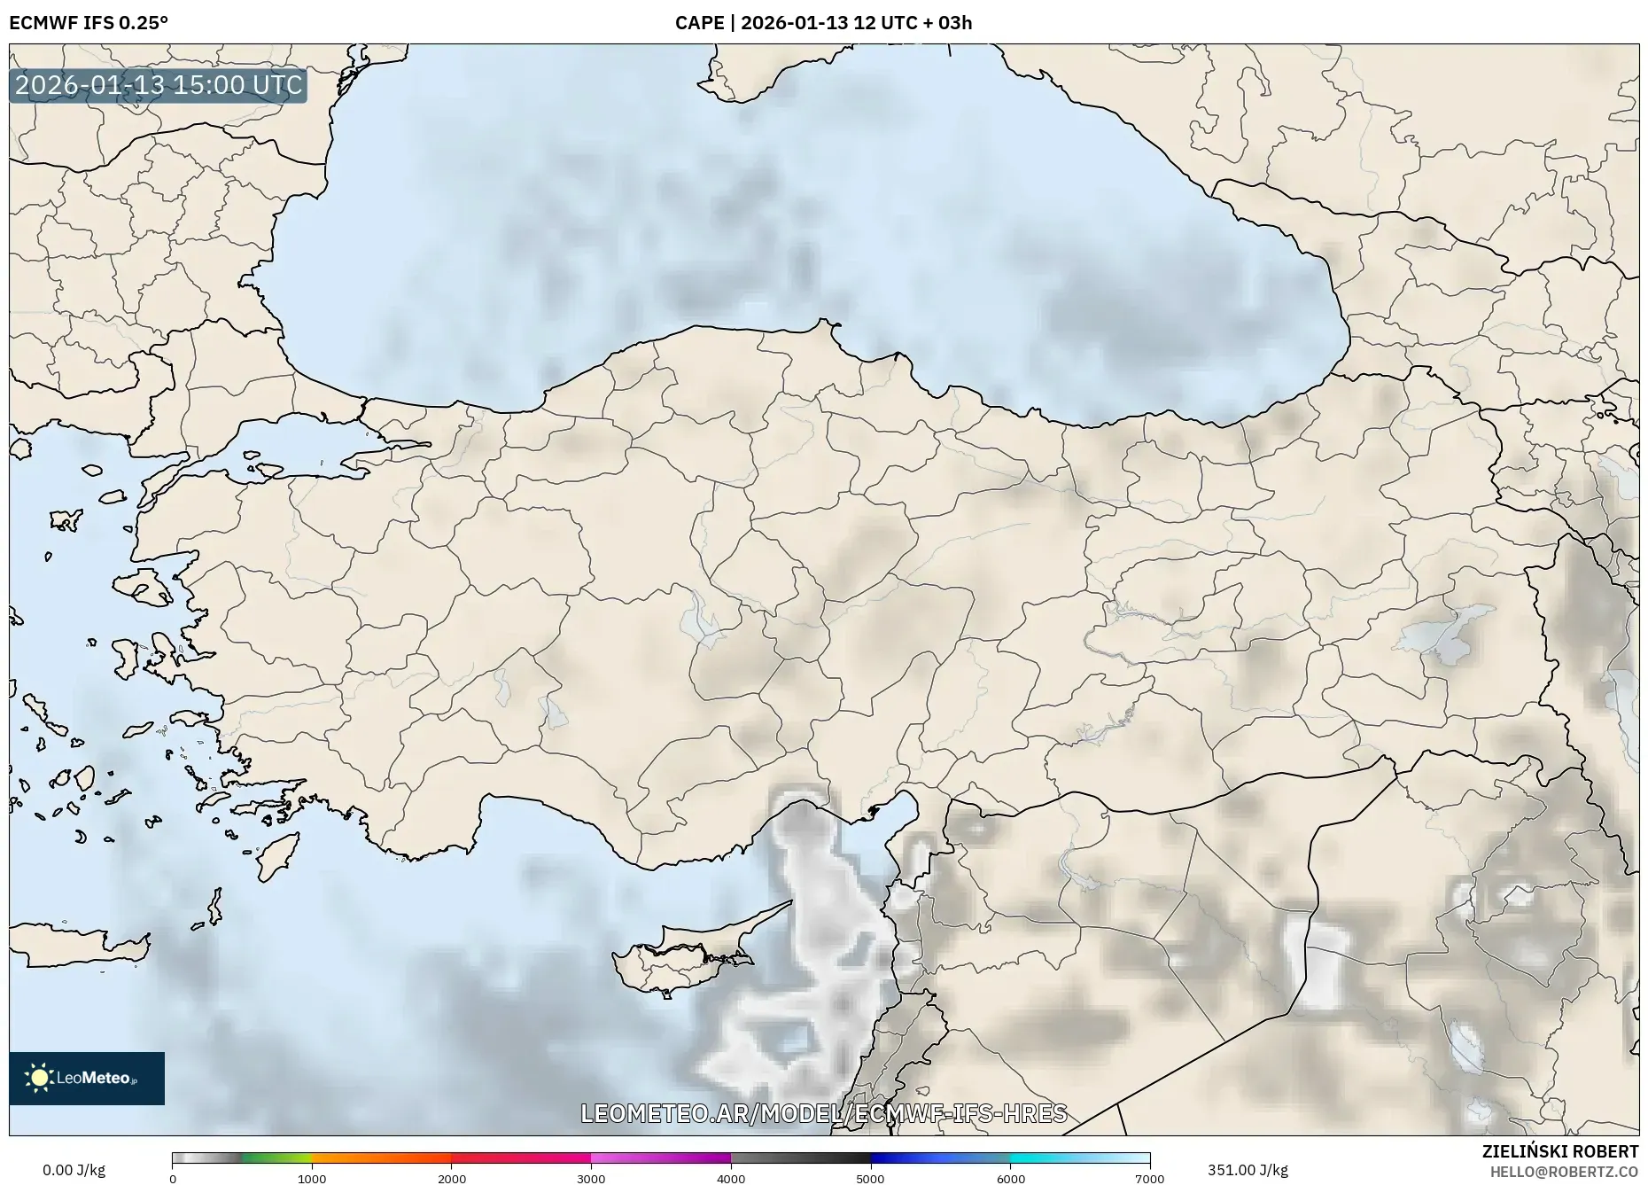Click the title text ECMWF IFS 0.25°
89,23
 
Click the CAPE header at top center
823,23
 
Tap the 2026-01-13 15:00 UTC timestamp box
159,85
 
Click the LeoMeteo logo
87,1078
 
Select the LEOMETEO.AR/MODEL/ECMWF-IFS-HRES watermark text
823,1113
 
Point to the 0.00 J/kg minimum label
74,1170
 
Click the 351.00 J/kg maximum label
1248,1170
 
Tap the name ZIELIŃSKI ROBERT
1559,1151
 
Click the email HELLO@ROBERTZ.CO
1564,1172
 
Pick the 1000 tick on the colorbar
312,1179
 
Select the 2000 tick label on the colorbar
452,1179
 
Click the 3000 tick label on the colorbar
591,1179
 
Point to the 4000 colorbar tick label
731,1179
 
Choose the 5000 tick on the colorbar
871,1179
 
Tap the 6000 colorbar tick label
1011,1179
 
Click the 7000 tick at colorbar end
1150,1179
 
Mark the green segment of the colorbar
276,1158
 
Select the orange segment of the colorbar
381,1158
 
